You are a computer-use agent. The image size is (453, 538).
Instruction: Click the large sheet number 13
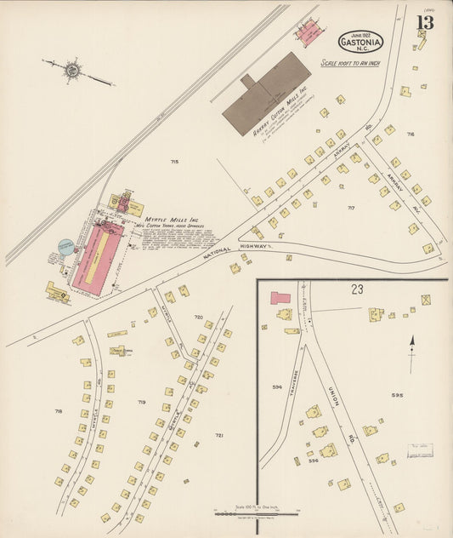[424, 22]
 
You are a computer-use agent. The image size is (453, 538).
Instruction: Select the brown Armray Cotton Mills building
[266, 94]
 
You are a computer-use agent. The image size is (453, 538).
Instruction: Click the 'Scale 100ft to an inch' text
[349, 63]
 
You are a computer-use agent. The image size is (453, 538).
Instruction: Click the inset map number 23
[357, 289]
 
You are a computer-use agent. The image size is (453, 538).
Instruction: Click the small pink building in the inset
[280, 299]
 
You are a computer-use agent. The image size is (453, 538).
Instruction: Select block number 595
[397, 395]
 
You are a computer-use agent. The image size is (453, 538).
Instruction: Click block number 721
[218, 435]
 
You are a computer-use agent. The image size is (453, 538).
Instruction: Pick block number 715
[174, 161]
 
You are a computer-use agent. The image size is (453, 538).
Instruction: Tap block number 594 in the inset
[277, 386]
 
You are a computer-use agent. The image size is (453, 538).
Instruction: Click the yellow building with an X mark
[426, 300]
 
